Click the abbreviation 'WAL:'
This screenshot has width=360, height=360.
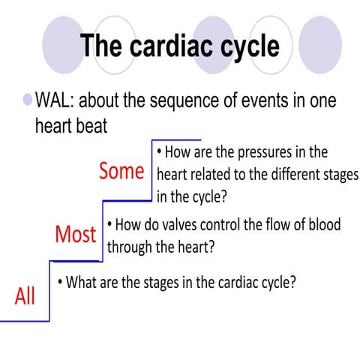tap(60, 101)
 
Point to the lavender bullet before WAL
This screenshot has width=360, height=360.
tap(28, 99)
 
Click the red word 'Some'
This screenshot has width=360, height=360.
tap(121, 171)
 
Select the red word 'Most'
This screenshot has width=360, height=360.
tap(75, 234)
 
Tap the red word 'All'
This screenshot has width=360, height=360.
tap(25, 296)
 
